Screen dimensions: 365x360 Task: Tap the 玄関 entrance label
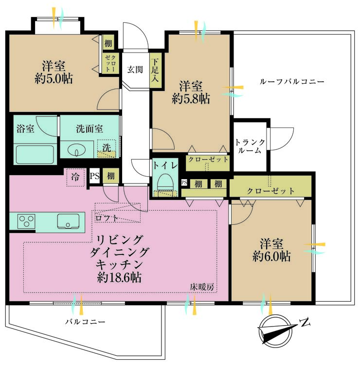tap(135, 69)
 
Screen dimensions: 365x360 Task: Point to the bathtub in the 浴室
tap(34, 154)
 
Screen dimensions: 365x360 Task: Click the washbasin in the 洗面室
tap(76, 148)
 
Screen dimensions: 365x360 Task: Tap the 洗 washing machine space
tap(106, 148)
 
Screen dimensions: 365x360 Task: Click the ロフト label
tap(107, 218)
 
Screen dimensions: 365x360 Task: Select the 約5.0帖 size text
tap(54, 78)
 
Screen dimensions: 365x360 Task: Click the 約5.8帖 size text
tap(191, 99)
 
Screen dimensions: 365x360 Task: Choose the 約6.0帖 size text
tap(272, 256)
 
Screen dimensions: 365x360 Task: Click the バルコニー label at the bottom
tap(85, 322)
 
